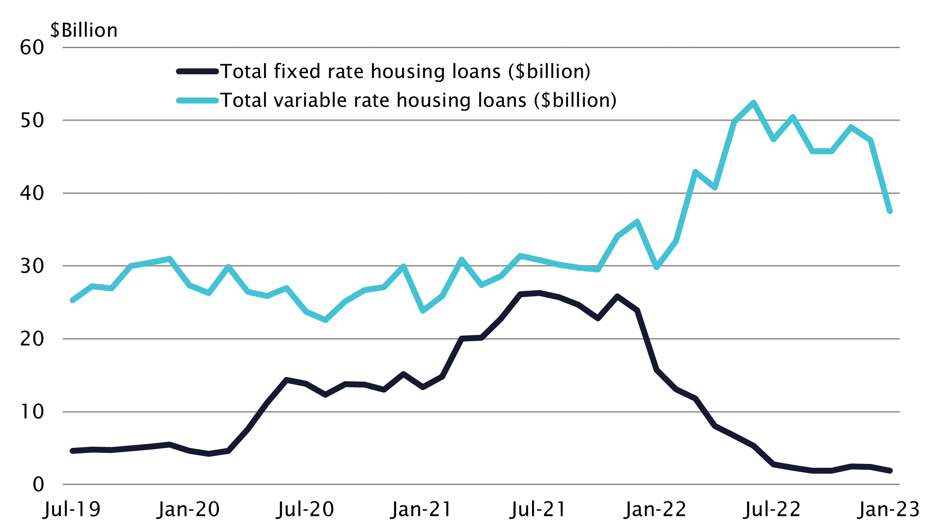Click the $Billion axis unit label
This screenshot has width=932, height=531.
(84, 30)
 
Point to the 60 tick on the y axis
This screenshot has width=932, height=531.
(32, 48)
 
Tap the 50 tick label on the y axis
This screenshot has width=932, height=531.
(32, 121)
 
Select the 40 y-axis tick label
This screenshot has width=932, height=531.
(32, 193)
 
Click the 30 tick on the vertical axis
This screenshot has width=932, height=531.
(32, 266)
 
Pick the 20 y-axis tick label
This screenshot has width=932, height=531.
(32, 339)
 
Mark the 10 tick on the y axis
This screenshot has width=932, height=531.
(32, 412)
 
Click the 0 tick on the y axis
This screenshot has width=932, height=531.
(38, 485)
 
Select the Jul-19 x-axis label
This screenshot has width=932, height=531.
(72, 509)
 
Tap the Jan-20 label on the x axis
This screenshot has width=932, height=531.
(189, 509)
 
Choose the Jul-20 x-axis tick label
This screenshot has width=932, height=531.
(305, 509)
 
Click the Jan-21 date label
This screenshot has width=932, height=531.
(421, 509)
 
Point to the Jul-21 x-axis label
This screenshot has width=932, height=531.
(538, 509)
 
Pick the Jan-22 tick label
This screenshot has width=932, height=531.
(655, 509)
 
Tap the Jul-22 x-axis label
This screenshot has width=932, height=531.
(772, 509)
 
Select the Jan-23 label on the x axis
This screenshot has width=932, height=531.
(889, 509)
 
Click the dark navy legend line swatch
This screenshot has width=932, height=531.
(197, 71)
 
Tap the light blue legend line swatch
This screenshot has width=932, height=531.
(197, 100)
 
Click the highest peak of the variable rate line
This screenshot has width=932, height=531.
(754, 103)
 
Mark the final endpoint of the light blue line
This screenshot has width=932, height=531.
(890, 211)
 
